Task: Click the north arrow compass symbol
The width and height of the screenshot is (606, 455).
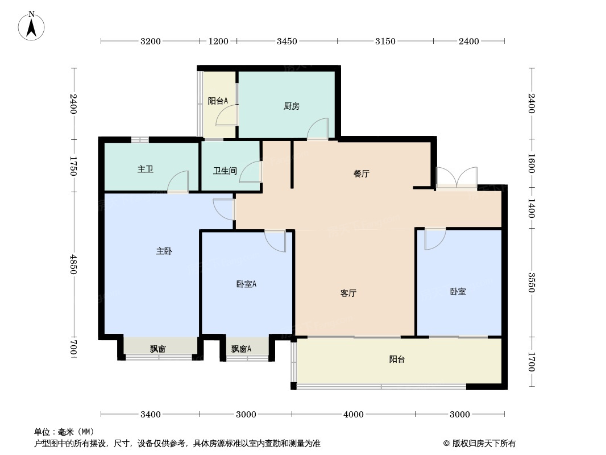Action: tap(32, 26)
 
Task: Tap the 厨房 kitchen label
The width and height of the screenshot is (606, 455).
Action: tap(291, 106)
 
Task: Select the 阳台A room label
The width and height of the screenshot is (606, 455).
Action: tap(218, 101)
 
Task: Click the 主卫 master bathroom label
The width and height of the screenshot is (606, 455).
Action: tap(146, 169)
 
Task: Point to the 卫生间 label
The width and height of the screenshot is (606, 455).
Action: tap(225, 171)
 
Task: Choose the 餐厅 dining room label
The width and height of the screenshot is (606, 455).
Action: tap(362, 174)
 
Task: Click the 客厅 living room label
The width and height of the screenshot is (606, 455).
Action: tap(348, 293)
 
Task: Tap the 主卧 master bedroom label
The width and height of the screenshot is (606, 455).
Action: tap(164, 251)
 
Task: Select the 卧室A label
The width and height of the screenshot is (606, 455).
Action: tap(246, 284)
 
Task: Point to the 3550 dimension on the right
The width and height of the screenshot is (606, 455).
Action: tap(531, 282)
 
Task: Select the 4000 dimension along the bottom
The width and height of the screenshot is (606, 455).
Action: tap(353, 414)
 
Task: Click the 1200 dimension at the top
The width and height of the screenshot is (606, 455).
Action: tap(218, 41)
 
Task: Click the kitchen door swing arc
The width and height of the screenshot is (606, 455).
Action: tap(318, 128)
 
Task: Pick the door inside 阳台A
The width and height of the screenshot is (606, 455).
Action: tap(227, 115)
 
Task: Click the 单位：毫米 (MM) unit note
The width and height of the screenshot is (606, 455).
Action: tap(64, 432)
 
